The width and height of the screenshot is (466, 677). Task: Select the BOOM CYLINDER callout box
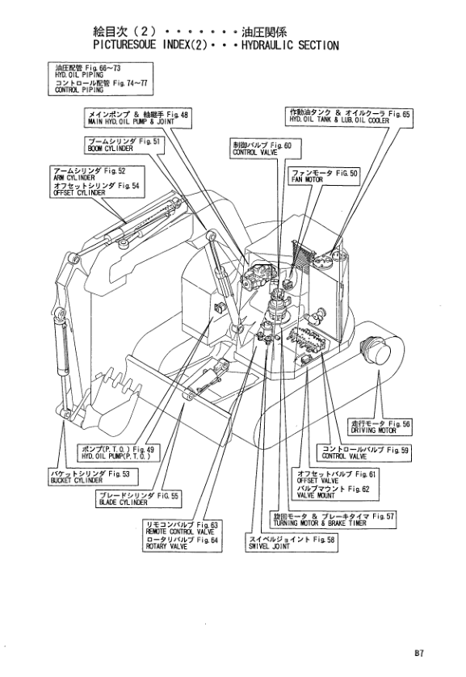124,145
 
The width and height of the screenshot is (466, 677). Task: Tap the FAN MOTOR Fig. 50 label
325,176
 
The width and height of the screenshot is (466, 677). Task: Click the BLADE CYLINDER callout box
138,499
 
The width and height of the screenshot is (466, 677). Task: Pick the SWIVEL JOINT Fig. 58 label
292,543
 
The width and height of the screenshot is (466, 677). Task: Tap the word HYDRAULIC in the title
267,45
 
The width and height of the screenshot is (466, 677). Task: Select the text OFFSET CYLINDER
79,193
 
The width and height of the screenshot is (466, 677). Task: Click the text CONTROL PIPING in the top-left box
79,90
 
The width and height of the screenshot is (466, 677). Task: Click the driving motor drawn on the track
375,350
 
